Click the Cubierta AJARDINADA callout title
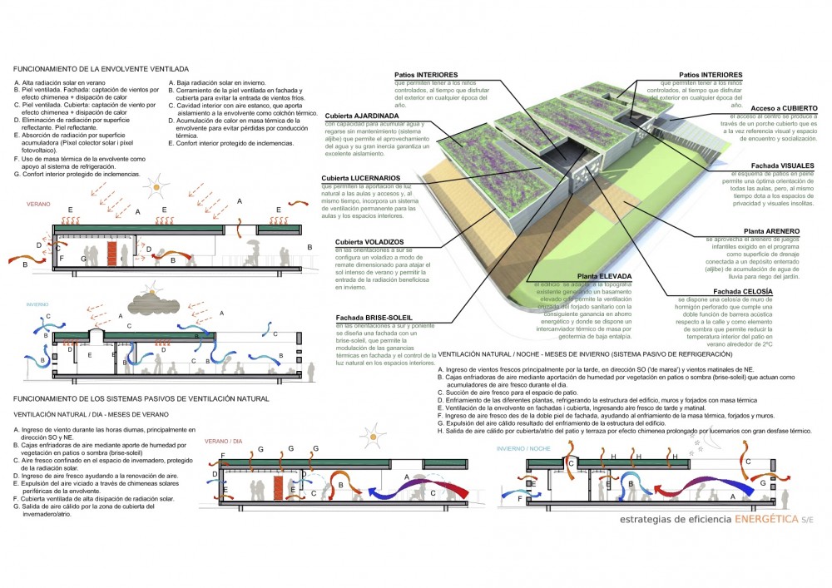[353, 116]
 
